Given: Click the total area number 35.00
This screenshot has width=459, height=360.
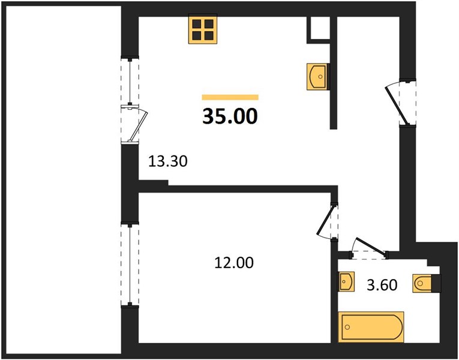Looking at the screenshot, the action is coord(230,116).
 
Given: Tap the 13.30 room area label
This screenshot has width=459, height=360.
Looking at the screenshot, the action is coord(168,161).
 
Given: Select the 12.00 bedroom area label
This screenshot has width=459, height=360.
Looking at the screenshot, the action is coord(234,263).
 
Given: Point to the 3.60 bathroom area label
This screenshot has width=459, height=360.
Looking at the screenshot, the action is coord(382,285).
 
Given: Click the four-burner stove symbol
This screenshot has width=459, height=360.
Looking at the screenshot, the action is coord(203,29).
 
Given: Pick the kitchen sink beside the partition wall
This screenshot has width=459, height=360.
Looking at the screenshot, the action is coord(317,77).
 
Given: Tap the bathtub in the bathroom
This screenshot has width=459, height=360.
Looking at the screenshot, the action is coord(371,327).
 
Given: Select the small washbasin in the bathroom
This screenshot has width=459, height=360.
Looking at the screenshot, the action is coord(347,281).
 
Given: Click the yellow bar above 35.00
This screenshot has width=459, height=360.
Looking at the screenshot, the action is coord(230,97).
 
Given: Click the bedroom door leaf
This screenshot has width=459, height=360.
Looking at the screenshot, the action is coord(326,220).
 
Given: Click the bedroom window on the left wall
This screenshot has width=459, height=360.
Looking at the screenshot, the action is coord(130,264).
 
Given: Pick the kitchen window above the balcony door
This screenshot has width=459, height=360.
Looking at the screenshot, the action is coord(130,81).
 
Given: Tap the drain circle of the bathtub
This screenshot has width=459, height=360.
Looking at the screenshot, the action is coord(347,327).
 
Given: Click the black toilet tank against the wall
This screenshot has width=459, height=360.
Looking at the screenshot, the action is coord(436,283).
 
